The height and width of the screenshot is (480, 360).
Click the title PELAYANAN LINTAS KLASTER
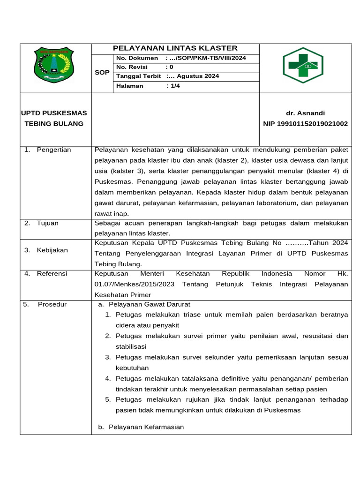[175, 48]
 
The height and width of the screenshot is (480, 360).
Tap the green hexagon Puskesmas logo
[303, 65]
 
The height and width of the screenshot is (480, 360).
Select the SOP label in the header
[102, 73]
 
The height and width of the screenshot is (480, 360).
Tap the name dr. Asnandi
[305, 113]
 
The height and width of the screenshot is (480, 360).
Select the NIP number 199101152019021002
[305, 124]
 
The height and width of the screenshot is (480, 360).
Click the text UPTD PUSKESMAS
[54, 113]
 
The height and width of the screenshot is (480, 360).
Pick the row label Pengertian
[54, 150]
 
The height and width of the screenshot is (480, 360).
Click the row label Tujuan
[48, 223]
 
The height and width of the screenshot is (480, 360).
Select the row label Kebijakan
[52, 250]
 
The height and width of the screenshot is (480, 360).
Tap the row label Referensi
[52, 274]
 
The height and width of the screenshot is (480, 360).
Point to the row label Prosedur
[52, 305]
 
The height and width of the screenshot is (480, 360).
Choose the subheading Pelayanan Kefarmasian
[146, 427]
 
